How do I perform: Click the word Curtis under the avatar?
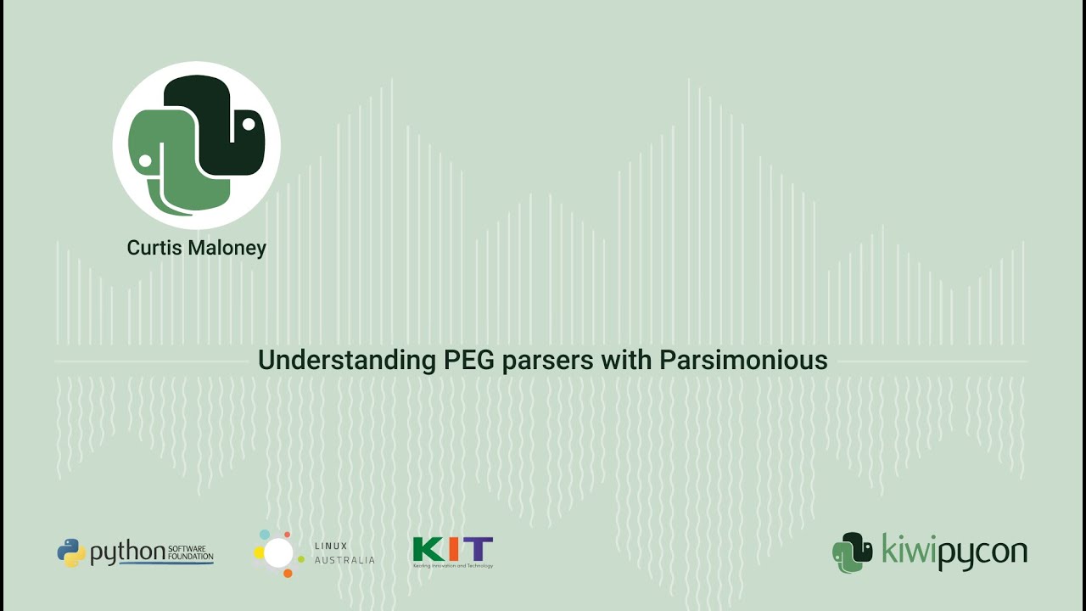coord(151,248)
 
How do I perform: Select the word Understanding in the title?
coord(346,360)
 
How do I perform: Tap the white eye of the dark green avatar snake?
coord(249,124)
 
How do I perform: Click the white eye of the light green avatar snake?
coord(145,160)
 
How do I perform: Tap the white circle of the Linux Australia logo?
coord(277,553)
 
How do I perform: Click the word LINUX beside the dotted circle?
coord(331,546)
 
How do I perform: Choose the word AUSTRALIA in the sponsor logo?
coord(344,561)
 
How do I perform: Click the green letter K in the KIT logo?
coord(426,550)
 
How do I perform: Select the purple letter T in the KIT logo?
coord(479,550)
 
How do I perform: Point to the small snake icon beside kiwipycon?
coord(852,552)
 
